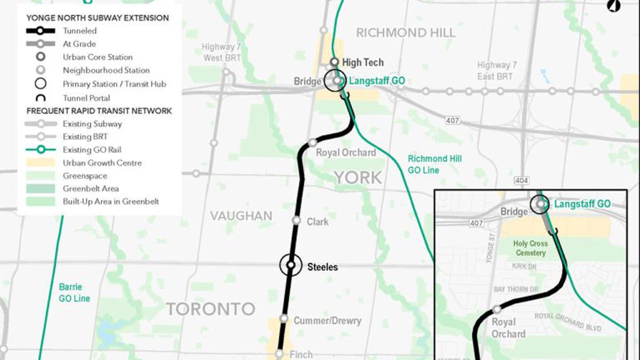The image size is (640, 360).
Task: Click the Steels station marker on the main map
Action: (x=291, y=265)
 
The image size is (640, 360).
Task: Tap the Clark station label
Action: (x=317, y=222)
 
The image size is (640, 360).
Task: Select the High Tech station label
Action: (x=362, y=62)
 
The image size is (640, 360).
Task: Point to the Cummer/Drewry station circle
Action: (x=284, y=319)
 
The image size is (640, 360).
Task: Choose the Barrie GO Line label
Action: (x=74, y=292)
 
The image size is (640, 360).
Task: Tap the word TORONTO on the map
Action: (x=210, y=309)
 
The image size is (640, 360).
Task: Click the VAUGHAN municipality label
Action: (x=241, y=216)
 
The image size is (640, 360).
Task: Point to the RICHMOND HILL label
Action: (x=405, y=33)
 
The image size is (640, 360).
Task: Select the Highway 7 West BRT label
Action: (x=222, y=52)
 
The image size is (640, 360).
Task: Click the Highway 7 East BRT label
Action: (x=497, y=71)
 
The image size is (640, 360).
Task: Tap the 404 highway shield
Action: (x=521, y=180)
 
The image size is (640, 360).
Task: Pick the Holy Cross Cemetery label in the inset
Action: (x=530, y=248)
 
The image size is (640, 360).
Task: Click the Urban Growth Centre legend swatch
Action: (x=40, y=163)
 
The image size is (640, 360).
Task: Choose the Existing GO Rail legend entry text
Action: (x=92, y=150)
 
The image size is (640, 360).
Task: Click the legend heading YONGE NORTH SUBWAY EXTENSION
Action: (x=97, y=18)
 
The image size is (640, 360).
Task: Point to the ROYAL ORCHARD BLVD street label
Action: (x=568, y=322)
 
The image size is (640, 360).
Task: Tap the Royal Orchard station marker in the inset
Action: (x=497, y=310)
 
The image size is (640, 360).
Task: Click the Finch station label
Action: (x=301, y=355)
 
